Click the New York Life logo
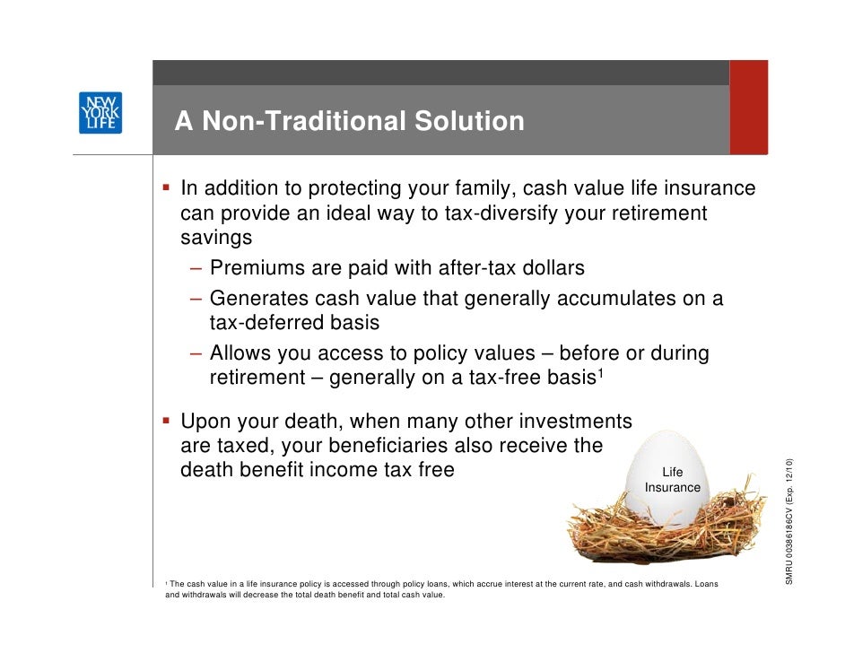[x=100, y=113]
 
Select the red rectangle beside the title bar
[x=748, y=108]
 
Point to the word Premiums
[x=257, y=268]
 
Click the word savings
[x=216, y=238]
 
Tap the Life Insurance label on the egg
[x=672, y=480]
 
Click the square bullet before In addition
[x=167, y=189]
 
